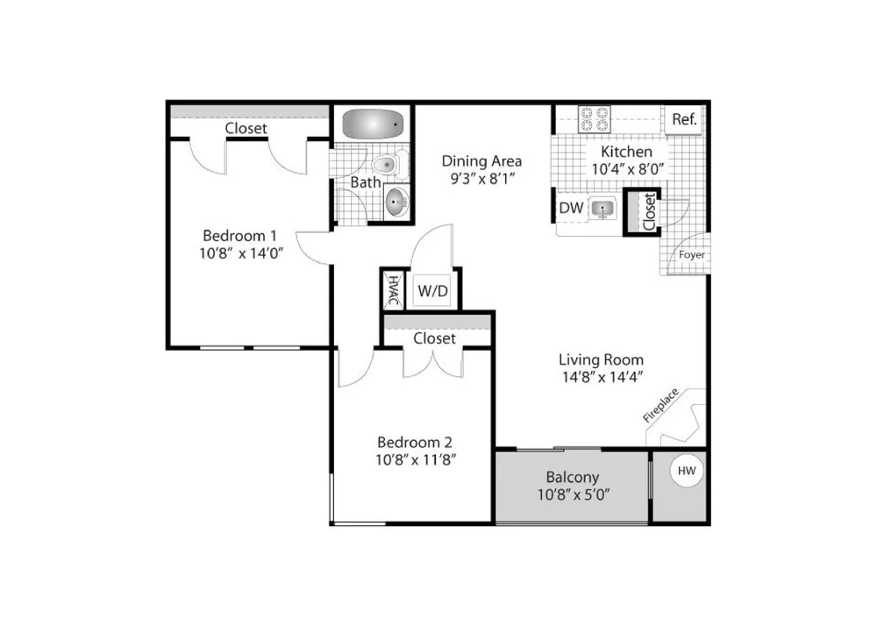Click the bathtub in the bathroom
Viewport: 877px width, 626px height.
(373, 124)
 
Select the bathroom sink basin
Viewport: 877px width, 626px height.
(396, 202)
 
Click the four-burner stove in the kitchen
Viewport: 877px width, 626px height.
(594, 118)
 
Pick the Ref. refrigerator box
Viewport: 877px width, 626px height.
(684, 119)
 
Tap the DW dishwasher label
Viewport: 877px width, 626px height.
(571, 208)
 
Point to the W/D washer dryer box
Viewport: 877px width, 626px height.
(433, 291)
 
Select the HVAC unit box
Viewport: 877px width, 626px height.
(394, 291)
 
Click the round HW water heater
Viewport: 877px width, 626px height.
(687, 471)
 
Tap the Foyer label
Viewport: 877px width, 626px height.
(692, 255)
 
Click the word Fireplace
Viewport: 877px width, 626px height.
(660, 405)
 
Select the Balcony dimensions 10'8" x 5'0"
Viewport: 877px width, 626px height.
(574, 494)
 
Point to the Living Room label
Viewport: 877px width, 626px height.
(602, 360)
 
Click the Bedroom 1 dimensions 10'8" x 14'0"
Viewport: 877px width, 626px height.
(241, 253)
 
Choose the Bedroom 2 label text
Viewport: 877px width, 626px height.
(415, 443)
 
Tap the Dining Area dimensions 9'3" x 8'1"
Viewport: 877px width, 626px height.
(482, 178)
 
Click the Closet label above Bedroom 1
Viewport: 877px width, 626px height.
(246, 128)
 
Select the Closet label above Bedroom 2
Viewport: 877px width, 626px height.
(435, 338)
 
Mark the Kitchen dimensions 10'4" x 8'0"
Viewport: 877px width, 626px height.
(628, 169)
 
